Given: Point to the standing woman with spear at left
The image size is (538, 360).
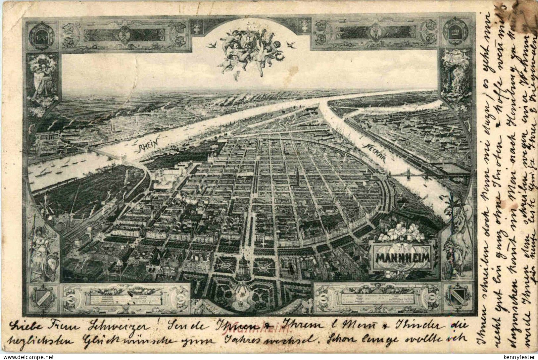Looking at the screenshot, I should pyautogui.click(x=40, y=248).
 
